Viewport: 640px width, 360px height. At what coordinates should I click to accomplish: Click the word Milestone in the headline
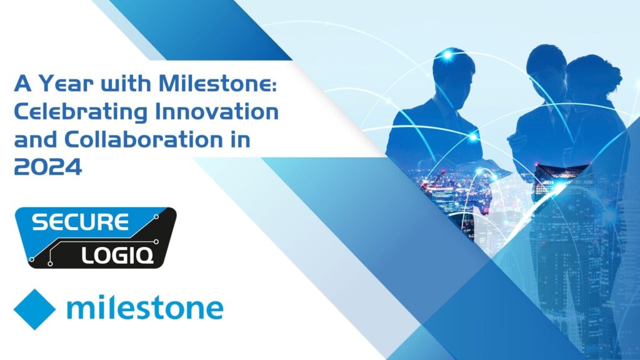click(x=218, y=83)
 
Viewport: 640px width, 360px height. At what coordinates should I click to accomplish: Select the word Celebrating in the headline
click(x=81, y=112)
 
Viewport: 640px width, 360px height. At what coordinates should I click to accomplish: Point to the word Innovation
click(x=217, y=111)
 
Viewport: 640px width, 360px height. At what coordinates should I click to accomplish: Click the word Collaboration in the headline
click(x=141, y=139)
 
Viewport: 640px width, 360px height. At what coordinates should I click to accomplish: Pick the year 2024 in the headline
click(x=47, y=167)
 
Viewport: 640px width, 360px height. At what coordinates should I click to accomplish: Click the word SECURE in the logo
click(x=80, y=222)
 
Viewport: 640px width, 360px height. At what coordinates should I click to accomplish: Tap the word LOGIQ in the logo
click(x=117, y=256)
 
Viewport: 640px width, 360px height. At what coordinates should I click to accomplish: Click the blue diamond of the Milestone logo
click(x=34, y=309)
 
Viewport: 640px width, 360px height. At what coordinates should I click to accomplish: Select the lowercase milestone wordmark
click(x=145, y=307)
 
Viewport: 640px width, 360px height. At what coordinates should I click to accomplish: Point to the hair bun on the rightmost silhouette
click(x=612, y=76)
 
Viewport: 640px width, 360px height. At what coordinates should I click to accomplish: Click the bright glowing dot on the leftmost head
click(x=447, y=54)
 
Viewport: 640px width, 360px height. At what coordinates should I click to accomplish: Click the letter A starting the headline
click(x=23, y=84)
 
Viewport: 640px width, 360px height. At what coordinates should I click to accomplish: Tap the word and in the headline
click(x=35, y=139)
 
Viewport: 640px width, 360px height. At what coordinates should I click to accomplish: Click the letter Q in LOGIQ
click(x=146, y=256)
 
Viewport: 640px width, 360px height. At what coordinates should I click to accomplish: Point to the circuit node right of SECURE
click(x=156, y=217)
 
